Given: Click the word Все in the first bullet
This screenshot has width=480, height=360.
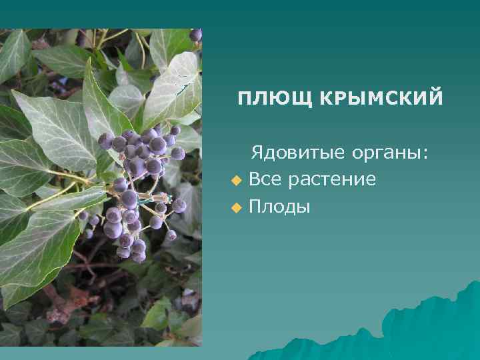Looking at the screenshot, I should [263, 179].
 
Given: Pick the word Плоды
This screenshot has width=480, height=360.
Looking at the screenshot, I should [279, 207].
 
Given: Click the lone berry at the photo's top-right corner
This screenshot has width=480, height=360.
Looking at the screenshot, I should [195, 35].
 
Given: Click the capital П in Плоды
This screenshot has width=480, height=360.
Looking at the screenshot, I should [255, 207].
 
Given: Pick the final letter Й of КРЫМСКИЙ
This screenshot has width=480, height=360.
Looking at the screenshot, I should [435, 98].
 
